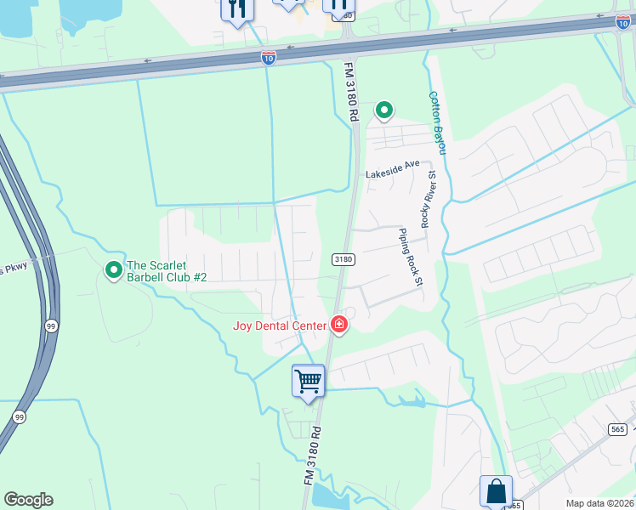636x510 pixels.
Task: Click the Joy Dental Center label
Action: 280,326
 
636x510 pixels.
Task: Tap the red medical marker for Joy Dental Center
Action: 339,324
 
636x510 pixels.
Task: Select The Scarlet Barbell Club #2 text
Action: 167,271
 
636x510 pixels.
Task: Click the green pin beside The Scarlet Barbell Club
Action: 113,270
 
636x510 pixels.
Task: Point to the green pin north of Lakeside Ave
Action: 384,110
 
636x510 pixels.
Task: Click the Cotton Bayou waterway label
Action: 438,123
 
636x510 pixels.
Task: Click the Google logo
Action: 28,500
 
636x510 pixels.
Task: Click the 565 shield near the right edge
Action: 618,430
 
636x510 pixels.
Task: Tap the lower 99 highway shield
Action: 19,416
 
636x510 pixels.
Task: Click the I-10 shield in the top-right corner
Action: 622,22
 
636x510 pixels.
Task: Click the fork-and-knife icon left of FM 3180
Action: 236,9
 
